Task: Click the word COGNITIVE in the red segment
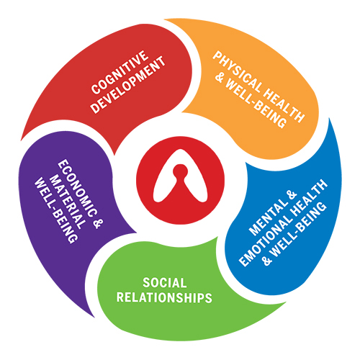(120, 72)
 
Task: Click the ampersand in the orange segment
(219, 77)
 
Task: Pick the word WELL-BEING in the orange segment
(256, 104)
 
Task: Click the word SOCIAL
(165, 283)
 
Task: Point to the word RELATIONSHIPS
(164, 297)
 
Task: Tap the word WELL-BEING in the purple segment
(56, 210)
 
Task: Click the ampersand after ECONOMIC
(98, 224)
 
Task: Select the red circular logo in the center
(180, 180)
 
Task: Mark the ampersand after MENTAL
(292, 196)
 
